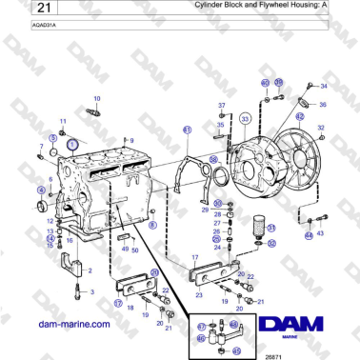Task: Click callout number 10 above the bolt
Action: [x=96, y=98]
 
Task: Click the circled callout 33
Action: [x=245, y=118]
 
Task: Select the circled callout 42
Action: [x=299, y=116]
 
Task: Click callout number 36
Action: [x=323, y=105]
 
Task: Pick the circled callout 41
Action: [x=187, y=130]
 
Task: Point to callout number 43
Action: [x=320, y=234]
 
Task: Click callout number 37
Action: [x=222, y=104]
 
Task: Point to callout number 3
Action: [x=92, y=292]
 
